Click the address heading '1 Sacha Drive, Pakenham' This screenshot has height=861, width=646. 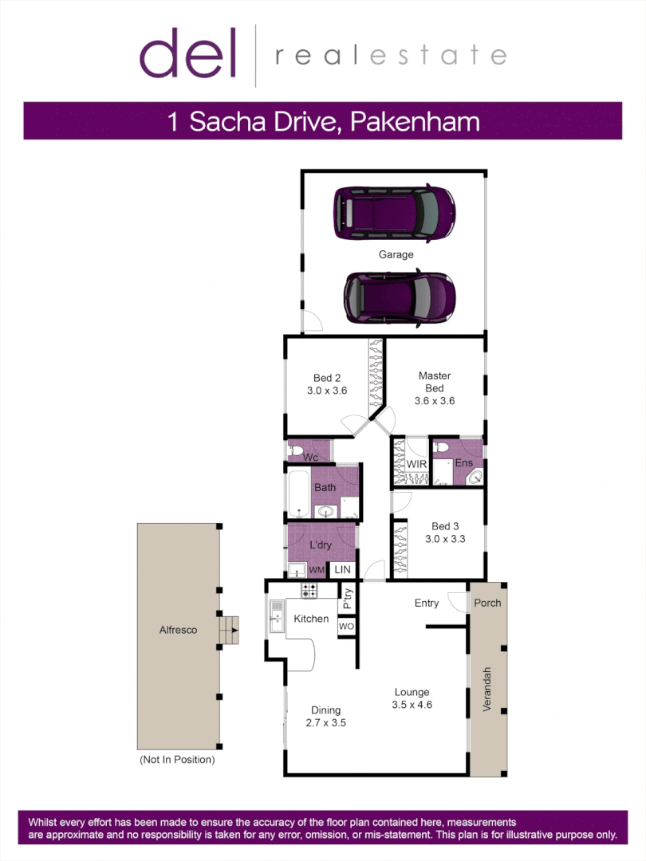(x=323, y=122)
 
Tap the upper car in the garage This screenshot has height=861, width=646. (x=394, y=213)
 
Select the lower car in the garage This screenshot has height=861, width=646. (x=399, y=297)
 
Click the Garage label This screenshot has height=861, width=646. (x=396, y=255)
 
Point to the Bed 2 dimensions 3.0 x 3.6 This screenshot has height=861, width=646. (x=326, y=391)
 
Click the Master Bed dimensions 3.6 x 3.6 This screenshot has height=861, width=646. (x=435, y=401)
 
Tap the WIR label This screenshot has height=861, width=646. (x=416, y=464)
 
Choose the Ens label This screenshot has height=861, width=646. (x=464, y=463)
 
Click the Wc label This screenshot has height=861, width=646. (x=312, y=458)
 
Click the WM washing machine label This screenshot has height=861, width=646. (x=317, y=570)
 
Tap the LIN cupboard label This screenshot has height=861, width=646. (x=342, y=570)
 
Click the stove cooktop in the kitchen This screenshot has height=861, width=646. (x=309, y=591)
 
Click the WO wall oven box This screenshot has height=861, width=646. (x=346, y=627)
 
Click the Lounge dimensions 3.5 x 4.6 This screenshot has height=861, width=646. (x=412, y=705)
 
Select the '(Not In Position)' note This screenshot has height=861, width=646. (x=177, y=760)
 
